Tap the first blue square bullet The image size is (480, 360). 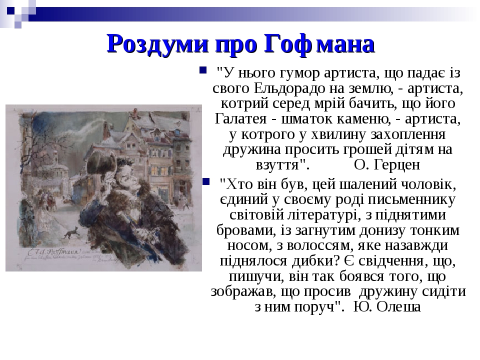202,68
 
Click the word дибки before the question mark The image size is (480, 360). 311,261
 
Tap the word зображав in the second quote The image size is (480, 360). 236,291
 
